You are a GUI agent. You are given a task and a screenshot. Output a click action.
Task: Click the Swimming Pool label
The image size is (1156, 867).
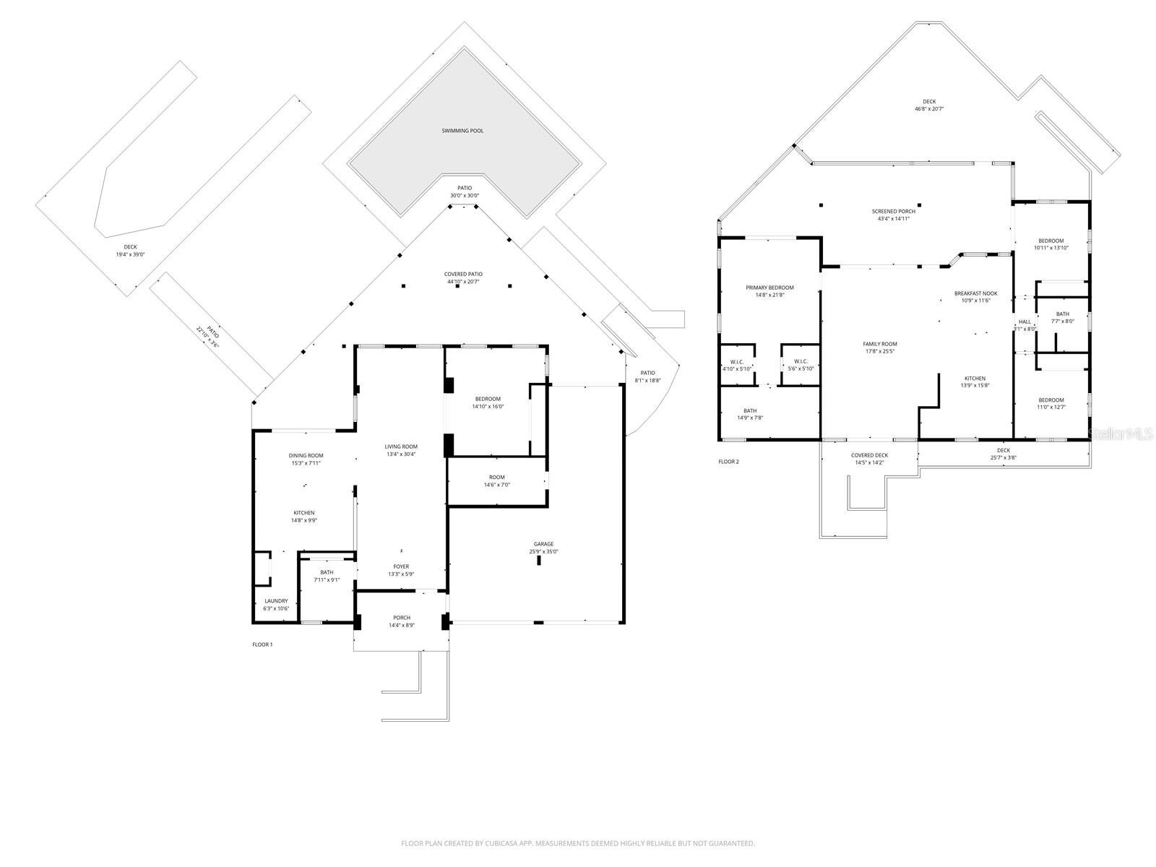(462, 131)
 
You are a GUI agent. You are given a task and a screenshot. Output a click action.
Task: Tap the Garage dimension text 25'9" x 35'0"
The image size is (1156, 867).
(543, 552)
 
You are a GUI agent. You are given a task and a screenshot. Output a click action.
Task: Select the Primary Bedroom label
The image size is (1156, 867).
(769, 288)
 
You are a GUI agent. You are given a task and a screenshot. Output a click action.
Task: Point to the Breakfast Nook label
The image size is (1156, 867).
(975, 293)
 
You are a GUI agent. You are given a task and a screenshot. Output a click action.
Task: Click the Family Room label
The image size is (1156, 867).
(879, 344)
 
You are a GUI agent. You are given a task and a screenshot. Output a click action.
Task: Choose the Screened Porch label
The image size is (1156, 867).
(893, 211)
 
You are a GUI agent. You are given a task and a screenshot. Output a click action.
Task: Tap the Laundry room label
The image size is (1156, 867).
(276, 600)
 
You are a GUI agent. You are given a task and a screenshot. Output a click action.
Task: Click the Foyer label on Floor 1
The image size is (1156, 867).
(401, 566)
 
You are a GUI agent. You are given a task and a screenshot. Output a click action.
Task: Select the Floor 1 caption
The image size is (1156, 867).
(262, 644)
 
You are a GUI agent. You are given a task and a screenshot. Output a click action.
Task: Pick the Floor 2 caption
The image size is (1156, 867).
(728, 461)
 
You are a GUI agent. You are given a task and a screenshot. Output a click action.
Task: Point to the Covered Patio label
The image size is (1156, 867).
(462, 274)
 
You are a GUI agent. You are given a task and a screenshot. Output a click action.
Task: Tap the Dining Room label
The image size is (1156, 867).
(306, 455)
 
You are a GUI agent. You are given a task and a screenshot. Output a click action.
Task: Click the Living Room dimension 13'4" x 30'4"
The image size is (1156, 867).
(401, 454)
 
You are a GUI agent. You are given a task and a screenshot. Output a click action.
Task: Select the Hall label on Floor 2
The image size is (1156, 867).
(1025, 322)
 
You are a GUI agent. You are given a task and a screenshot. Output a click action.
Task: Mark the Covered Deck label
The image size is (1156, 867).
(869, 455)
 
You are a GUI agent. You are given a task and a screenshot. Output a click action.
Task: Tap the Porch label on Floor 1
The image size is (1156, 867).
(402, 617)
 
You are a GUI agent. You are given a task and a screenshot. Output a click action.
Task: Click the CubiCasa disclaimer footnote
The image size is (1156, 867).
(578, 843)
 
